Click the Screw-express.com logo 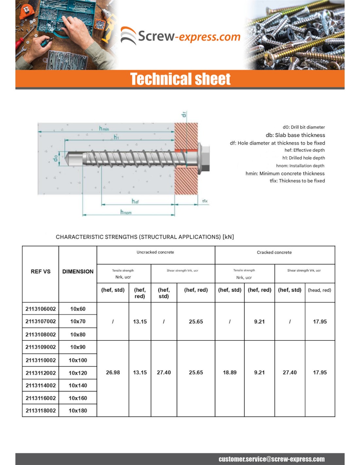(x=180, y=36)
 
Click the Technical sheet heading (x=180, y=79)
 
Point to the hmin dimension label (x=104, y=129)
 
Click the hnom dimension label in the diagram (x=126, y=212)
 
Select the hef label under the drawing (x=135, y=201)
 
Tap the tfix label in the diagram (x=205, y=201)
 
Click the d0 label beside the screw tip (x=56, y=158)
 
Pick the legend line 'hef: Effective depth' (x=304, y=150)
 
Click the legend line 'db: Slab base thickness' (x=295, y=135)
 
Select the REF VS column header (x=41, y=271)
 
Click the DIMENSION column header (x=78, y=271)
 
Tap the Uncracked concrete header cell (x=155, y=252)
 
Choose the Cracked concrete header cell (x=274, y=252)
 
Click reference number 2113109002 (x=41, y=347)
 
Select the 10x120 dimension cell (x=78, y=373)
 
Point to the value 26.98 (x=113, y=372)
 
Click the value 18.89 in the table (x=230, y=372)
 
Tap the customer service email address (x=272, y=459)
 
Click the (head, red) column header (x=319, y=290)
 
